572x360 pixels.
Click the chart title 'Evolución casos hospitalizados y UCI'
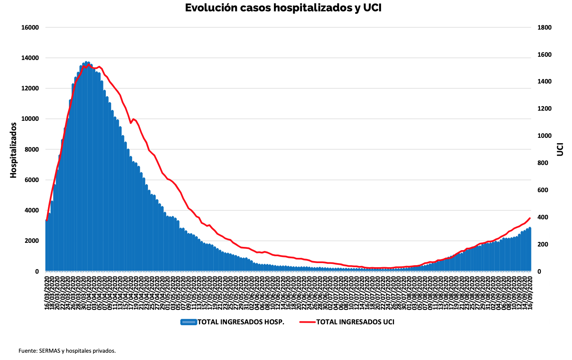point(283,8)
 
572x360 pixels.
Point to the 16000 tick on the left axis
point(30,28)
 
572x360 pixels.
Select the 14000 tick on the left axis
point(30,58)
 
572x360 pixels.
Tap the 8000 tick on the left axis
point(32,150)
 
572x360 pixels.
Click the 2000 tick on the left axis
point(32,241)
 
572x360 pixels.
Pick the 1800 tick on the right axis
point(544,28)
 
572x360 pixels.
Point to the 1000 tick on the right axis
point(544,136)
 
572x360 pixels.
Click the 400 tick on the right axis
point(543,217)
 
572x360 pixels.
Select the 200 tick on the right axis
point(543,244)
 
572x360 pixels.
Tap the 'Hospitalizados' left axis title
point(13,150)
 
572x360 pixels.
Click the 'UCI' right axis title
point(560,149)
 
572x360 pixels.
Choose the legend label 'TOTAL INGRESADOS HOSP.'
point(241,322)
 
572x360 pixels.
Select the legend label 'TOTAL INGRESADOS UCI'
point(355,322)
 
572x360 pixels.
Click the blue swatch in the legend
point(189,322)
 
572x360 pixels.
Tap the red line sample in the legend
point(307,322)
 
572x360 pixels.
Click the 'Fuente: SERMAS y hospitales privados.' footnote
point(67,351)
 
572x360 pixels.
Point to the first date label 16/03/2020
point(47,293)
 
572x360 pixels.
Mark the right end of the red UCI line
point(530,218)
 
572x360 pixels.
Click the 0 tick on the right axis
point(539,272)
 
